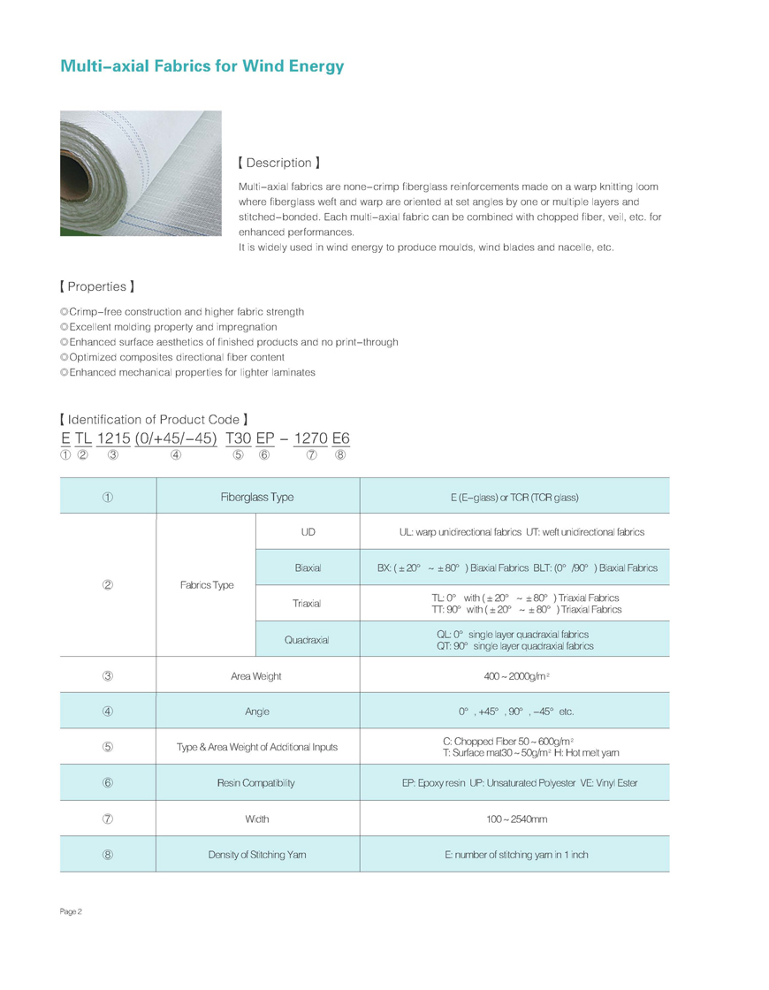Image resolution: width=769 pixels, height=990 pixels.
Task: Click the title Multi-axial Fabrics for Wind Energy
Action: pyautogui.click(x=202, y=66)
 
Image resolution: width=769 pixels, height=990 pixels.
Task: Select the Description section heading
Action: pyautogui.click(x=278, y=164)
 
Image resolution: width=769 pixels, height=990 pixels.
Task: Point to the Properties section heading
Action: pyautogui.click(x=96, y=287)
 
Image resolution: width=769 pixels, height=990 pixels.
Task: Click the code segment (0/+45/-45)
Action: pyautogui.click(x=177, y=438)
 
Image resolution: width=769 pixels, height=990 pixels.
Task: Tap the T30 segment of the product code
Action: pyautogui.click(x=238, y=438)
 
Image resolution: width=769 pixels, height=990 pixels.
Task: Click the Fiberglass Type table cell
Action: pyautogui.click(x=257, y=498)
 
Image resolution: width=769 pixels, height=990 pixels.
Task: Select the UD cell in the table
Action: pyautogui.click(x=308, y=532)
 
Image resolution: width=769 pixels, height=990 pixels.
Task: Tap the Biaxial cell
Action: pyautogui.click(x=308, y=567)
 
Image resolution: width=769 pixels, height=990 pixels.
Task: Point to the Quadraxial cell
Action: pyautogui.click(x=308, y=640)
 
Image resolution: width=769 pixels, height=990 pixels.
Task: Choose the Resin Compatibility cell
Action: pyautogui.click(x=257, y=783)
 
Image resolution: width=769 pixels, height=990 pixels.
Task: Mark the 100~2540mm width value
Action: pyautogui.click(x=516, y=819)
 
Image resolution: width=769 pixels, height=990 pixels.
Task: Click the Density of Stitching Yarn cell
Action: pyautogui.click(x=257, y=855)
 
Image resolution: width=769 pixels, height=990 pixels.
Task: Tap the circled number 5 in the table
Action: pyautogui.click(x=107, y=747)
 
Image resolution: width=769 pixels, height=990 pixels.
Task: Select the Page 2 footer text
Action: pyautogui.click(x=72, y=911)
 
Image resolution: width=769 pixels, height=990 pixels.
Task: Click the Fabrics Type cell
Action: pyautogui.click(x=205, y=586)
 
